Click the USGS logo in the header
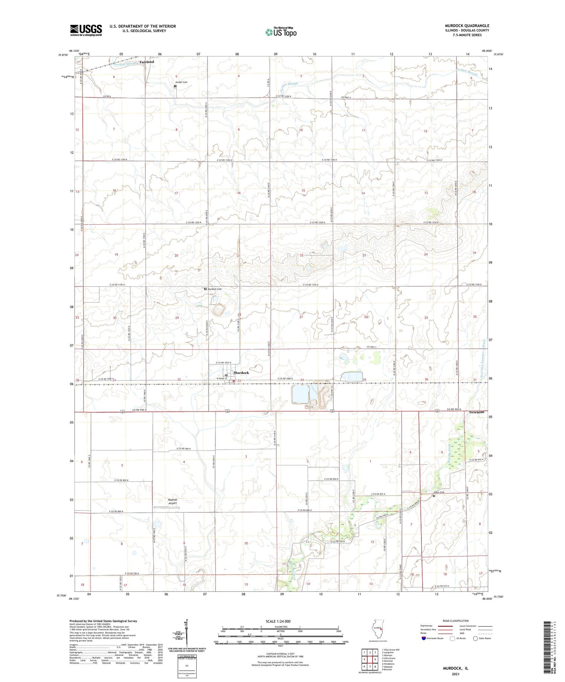click(x=86, y=30)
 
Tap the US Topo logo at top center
click(x=281, y=32)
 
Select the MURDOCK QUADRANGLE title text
click(x=467, y=26)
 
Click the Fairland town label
click(x=147, y=62)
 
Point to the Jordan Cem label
click(x=181, y=82)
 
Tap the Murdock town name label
click(x=241, y=373)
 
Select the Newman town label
click(x=476, y=412)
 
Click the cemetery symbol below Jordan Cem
click(x=175, y=86)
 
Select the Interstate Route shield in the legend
click(x=424, y=638)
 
